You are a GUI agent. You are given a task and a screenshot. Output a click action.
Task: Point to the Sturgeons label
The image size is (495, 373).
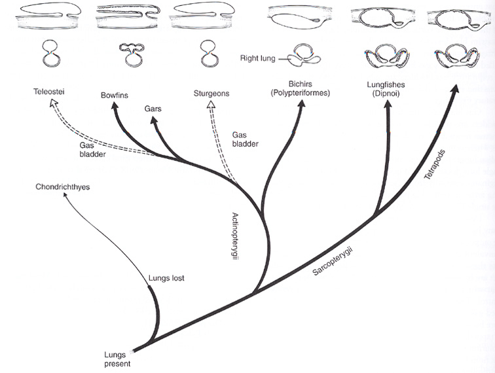[x=211, y=94]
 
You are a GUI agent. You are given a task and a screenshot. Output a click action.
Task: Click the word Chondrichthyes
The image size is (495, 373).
[x=63, y=187]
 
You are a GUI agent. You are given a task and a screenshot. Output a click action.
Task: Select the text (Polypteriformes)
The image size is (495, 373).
[x=301, y=94]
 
